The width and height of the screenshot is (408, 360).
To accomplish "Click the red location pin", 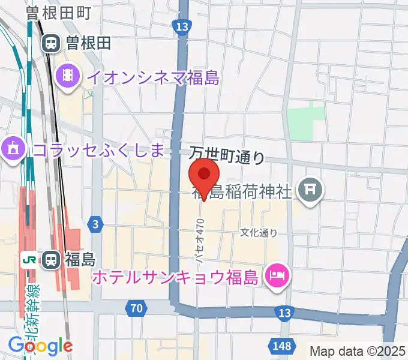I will (204, 175).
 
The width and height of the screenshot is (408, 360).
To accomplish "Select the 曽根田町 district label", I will (58, 13).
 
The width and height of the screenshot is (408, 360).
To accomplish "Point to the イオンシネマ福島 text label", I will (152, 77).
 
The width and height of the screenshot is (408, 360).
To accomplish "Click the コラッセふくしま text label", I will (99, 150).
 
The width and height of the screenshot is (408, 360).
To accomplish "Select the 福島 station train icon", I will (52, 260).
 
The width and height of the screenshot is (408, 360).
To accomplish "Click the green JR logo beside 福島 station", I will (28, 260).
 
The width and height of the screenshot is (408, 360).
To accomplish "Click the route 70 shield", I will (137, 309).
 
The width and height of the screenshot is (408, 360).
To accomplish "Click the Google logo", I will (41, 345).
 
